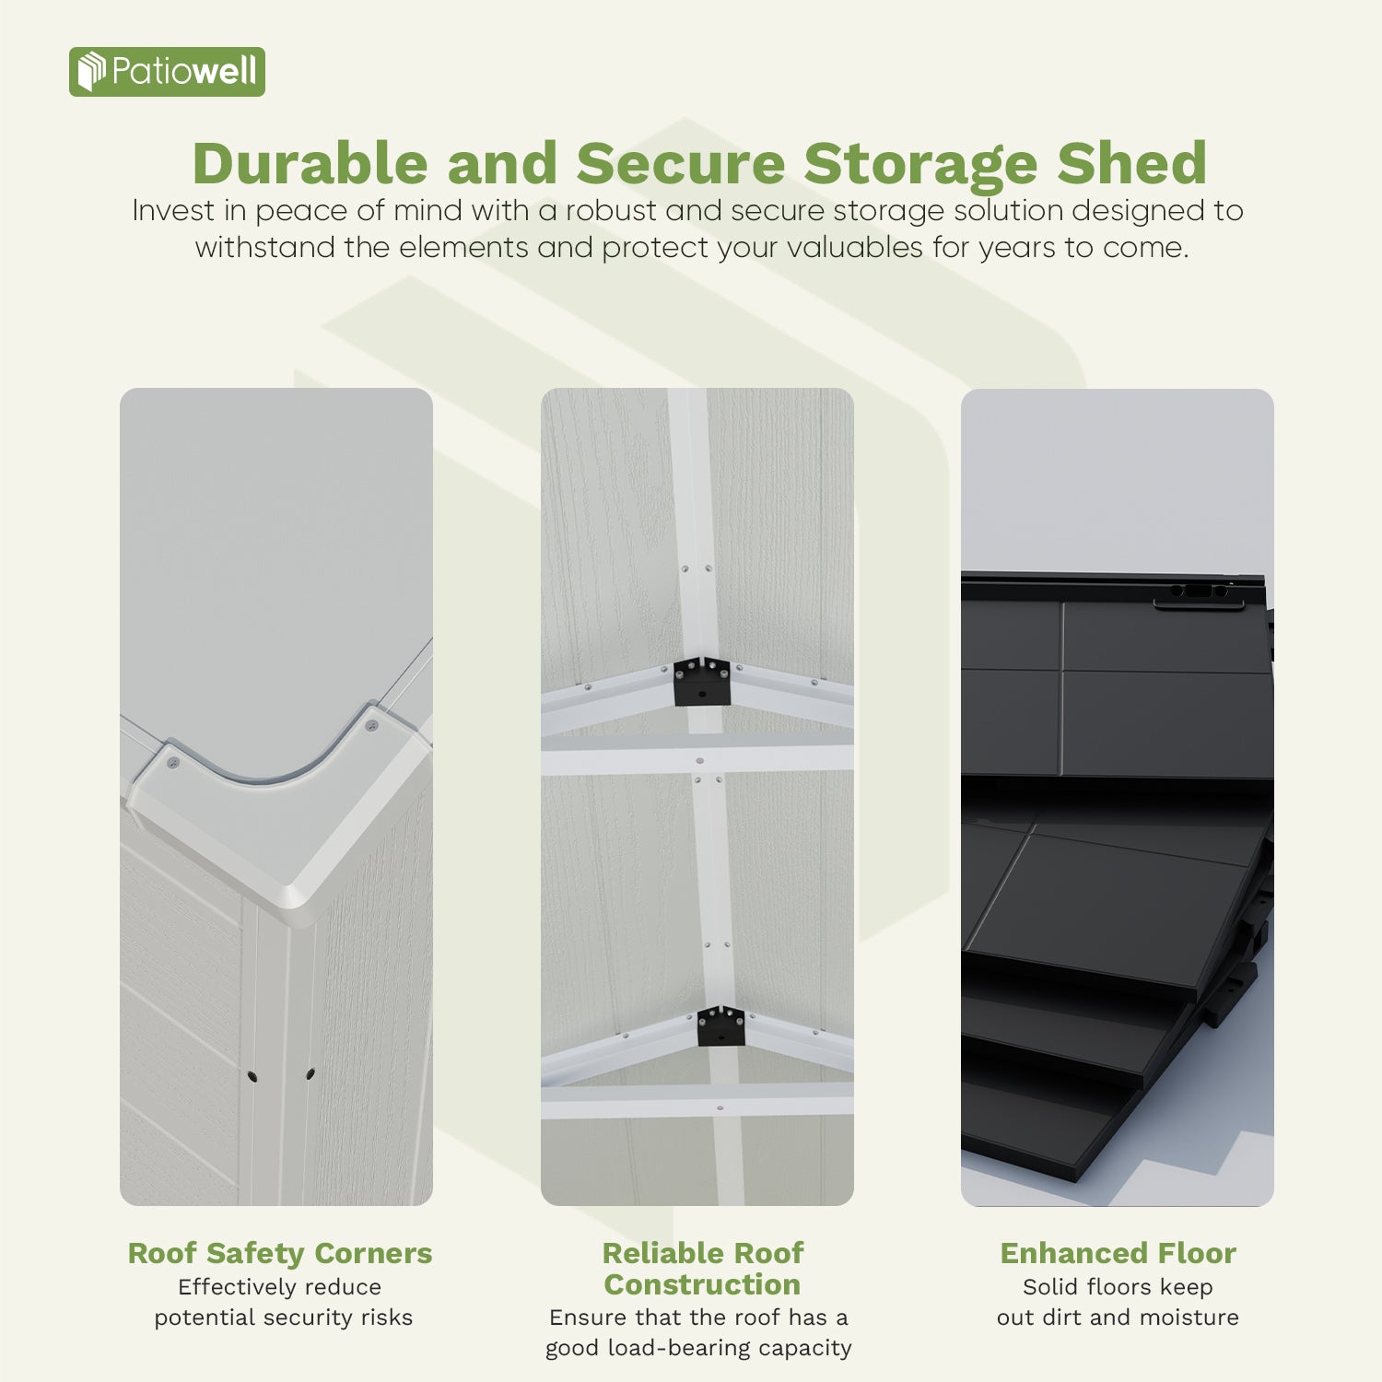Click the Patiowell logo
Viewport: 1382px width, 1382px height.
[167, 72]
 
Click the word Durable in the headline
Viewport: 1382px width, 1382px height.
[310, 164]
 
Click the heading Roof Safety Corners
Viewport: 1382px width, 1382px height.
[279, 1253]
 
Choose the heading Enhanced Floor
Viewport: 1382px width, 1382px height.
[1118, 1253]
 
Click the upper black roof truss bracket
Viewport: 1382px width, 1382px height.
[702, 682]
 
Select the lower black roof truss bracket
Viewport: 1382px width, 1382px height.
[720, 1025]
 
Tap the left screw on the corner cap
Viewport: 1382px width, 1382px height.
[172, 763]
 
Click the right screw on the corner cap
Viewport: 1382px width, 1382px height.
[372, 726]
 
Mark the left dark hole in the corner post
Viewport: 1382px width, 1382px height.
[252, 1076]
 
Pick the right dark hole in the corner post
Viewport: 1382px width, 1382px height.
[310, 1073]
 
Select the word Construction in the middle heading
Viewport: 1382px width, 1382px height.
[702, 1284]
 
